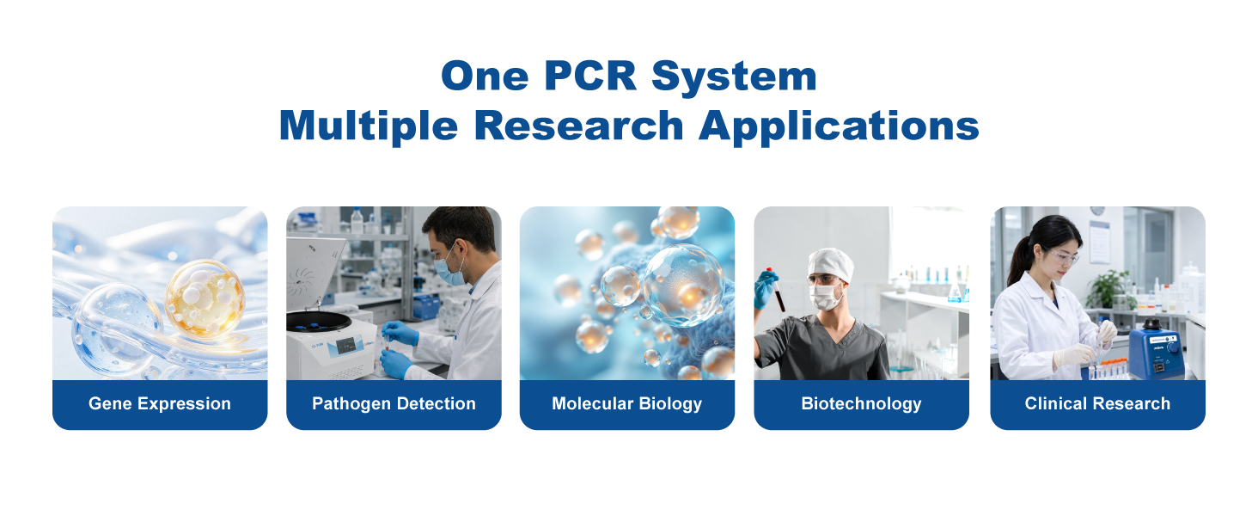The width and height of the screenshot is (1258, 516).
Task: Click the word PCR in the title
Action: [590, 76]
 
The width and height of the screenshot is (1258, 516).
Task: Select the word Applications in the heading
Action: [839, 126]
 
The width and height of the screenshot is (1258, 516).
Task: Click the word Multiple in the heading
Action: [369, 126]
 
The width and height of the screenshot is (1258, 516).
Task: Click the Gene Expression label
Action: [160, 403]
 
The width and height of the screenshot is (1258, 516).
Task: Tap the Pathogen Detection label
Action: [394, 403]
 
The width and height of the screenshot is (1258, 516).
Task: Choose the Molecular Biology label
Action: [626, 403]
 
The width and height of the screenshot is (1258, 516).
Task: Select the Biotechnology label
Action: [861, 403]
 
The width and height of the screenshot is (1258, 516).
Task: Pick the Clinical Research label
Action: [1097, 403]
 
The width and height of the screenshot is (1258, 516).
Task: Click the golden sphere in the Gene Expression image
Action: [205, 299]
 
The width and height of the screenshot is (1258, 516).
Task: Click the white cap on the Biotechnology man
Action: [830, 264]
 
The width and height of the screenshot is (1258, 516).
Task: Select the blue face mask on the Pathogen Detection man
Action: [450, 269]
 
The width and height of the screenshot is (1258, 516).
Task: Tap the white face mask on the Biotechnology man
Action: [826, 296]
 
